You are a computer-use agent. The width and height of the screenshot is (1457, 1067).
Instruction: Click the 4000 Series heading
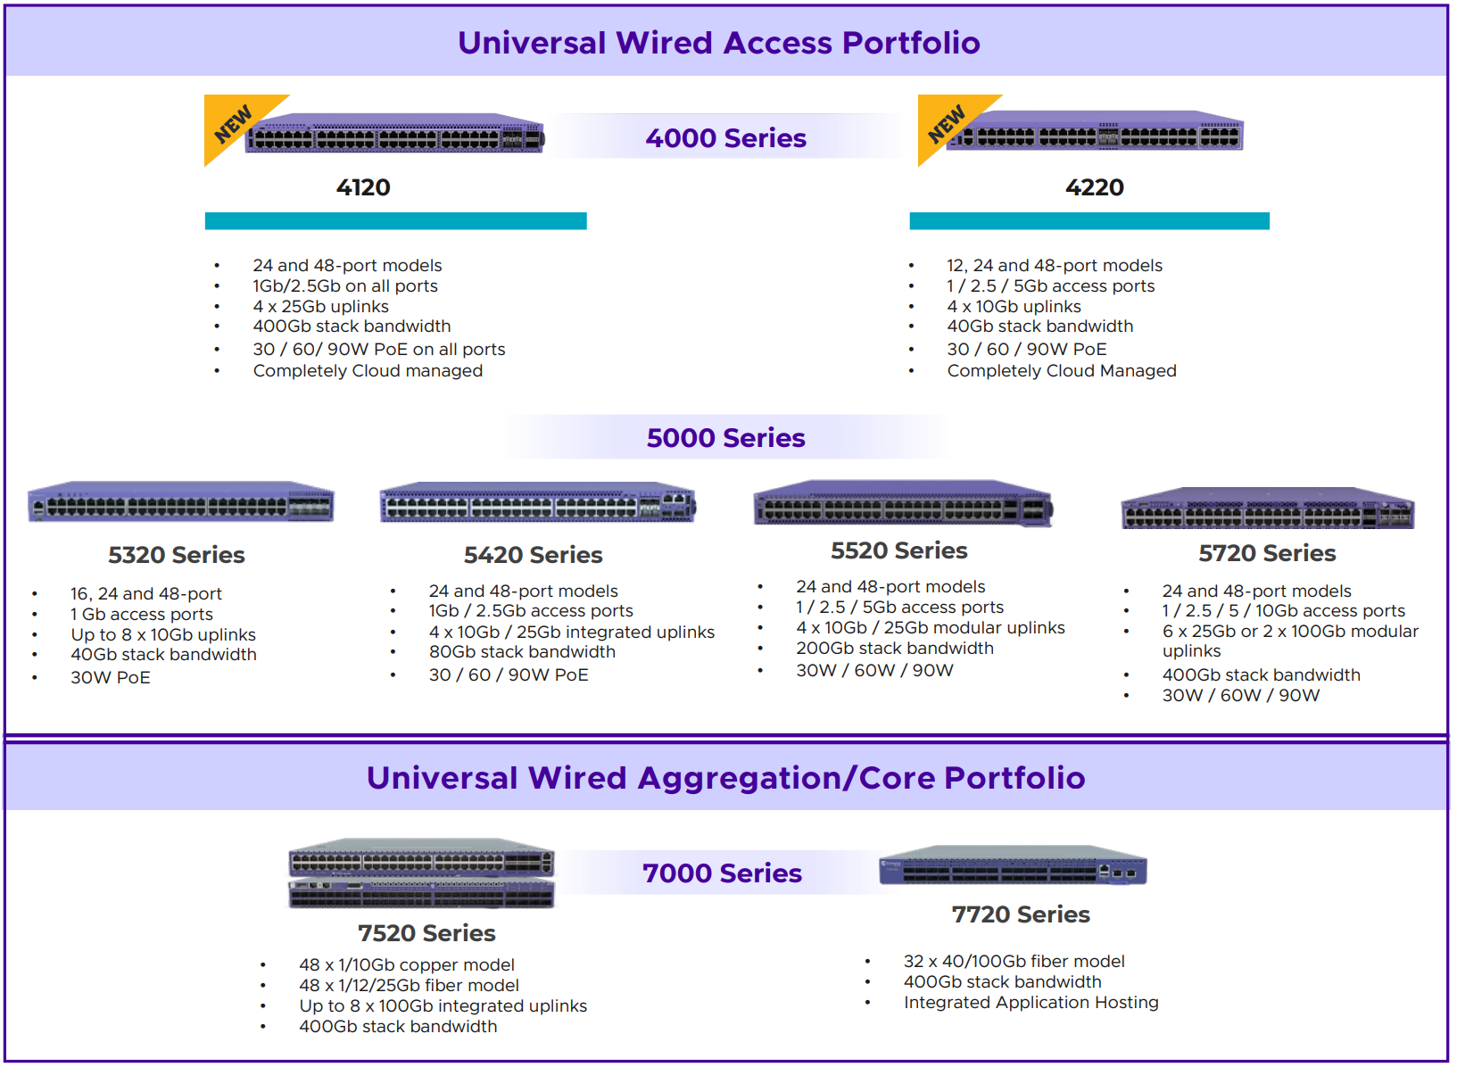tap(726, 138)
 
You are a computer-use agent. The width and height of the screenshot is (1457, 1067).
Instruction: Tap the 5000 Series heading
tap(726, 437)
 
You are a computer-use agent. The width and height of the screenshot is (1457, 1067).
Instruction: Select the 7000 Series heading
tap(722, 873)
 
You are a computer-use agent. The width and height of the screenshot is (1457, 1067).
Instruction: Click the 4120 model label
tap(363, 187)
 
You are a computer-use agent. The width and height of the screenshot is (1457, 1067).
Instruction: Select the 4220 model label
tap(1095, 187)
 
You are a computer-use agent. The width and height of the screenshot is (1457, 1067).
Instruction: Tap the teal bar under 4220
tap(1089, 221)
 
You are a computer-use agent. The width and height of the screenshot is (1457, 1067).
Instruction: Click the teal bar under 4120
tap(395, 221)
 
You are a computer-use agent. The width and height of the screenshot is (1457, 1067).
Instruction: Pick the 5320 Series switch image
tap(181, 502)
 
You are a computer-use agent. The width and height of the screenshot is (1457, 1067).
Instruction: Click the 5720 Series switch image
tap(1268, 508)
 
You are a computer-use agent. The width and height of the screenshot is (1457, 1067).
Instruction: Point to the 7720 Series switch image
tap(1013, 865)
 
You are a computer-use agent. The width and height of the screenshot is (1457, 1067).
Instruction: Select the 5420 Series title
tap(534, 555)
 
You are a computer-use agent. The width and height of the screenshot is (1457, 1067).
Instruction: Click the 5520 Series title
tap(899, 550)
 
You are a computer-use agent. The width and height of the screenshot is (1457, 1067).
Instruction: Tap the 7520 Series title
tap(426, 933)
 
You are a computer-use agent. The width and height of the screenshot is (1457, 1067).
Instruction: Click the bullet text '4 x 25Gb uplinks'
tap(320, 306)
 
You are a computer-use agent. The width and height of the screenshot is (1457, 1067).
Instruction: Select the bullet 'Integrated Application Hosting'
tap(1031, 1003)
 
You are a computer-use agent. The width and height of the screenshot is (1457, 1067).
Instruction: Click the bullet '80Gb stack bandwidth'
tap(522, 651)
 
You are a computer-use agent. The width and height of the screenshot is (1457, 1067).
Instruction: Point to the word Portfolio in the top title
tap(911, 43)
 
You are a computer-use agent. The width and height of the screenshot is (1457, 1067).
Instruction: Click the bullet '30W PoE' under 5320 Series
tap(111, 677)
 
